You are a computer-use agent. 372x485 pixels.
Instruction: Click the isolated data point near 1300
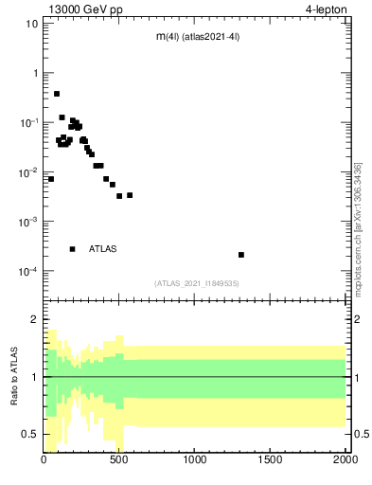[241, 255]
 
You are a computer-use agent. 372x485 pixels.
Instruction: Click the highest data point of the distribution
[57, 94]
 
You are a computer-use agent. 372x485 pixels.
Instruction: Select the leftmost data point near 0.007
[51, 179]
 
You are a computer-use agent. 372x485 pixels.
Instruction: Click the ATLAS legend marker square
[72, 249]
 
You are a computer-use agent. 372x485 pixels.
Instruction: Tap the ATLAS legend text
[103, 249]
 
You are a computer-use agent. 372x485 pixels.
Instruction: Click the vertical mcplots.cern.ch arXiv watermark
[358, 227]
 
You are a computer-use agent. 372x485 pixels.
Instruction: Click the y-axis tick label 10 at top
[31, 24]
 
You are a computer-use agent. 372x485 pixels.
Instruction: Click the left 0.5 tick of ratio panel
[30, 434]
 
